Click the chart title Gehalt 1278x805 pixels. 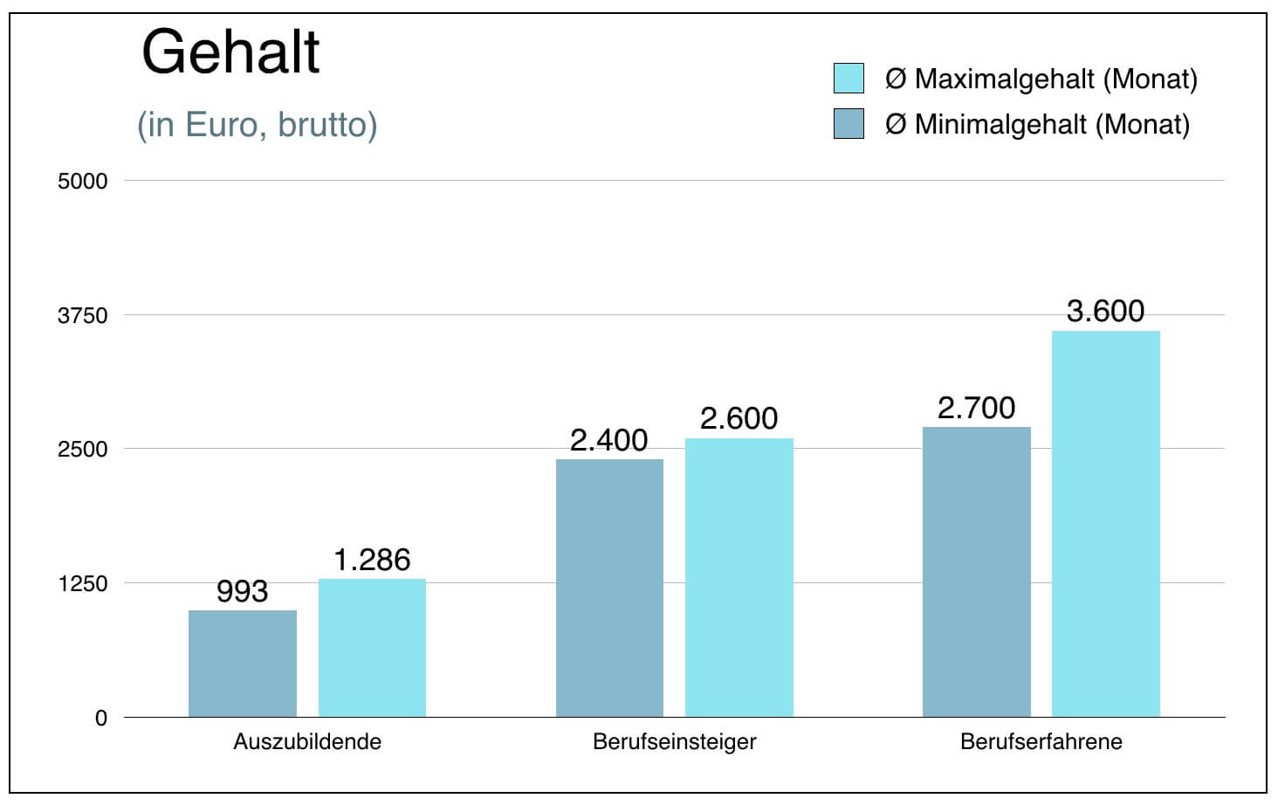click(x=230, y=52)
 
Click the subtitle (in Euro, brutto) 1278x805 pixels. click(x=258, y=125)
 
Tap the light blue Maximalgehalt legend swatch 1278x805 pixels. click(x=849, y=79)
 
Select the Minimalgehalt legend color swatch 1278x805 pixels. click(x=849, y=124)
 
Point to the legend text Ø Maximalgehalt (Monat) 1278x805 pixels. click(x=1041, y=79)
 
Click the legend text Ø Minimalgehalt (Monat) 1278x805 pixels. click(x=1037, y=125)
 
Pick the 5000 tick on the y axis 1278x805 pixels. click(x=82, y=182)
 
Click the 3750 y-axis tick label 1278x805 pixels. click(x=82, y=316)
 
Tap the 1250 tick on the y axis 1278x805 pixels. click(x=82, y=584)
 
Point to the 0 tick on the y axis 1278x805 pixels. click(x=101, y=719)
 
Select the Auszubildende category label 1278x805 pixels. click(x=307, y=742)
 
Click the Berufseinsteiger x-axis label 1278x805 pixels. click(x=674, y=742)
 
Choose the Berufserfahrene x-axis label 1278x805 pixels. click(x=1041, y=742)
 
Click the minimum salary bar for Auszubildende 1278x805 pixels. click(x=243, y=664)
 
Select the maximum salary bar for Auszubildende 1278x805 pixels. click(x=372, y=648)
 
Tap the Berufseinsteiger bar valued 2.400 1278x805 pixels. click(x=609, y=588)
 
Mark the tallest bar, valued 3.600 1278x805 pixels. click(x=1105, y=524)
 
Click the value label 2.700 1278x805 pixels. click(x=976, y=408)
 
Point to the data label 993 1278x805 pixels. click(x=242, y=592)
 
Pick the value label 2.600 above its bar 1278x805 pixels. click(x=739, y=419)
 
